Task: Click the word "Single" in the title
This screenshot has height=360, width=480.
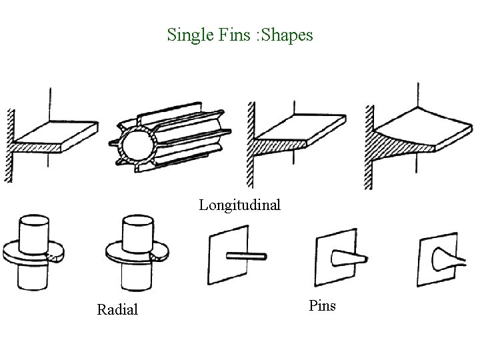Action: point(187,34)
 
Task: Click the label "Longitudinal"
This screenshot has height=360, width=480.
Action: point(239,205)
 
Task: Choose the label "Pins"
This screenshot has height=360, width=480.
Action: point(323,306)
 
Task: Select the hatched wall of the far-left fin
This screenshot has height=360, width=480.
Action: point(10,143)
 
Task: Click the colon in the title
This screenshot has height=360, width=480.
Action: point(252,35)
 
